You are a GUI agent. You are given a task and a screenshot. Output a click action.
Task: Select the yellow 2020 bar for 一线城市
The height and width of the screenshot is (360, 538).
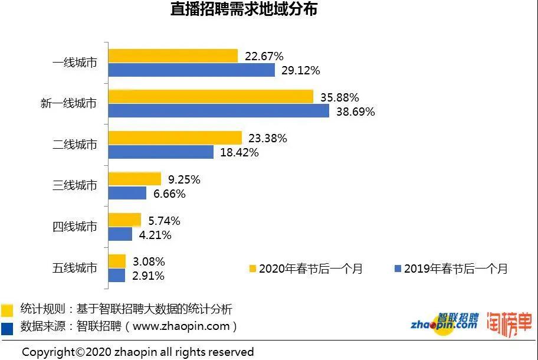click(173, 56)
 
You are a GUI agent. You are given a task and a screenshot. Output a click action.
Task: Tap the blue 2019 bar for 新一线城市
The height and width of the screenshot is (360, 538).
click(219, 111)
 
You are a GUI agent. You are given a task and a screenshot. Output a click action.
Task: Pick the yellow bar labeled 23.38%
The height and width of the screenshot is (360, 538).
click(175, 138)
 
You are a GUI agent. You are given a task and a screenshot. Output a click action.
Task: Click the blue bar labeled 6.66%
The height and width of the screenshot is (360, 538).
click(127, 193)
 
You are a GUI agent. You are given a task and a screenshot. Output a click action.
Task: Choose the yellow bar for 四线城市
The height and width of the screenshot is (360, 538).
click(125, 220)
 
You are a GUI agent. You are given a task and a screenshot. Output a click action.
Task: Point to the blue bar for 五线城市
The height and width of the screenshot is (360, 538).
click(117, 275)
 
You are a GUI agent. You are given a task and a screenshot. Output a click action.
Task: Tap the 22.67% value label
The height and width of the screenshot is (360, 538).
click(263, 56)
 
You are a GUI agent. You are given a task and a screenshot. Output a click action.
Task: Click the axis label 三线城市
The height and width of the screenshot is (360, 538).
click(75, 185)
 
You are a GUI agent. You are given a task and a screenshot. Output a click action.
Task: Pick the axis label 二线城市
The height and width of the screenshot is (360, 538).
click(75, 145)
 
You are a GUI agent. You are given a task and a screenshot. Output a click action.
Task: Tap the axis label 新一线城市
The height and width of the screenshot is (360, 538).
click(69, 103)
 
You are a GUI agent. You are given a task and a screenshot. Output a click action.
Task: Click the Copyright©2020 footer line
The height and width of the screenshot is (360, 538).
click(138, 352)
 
